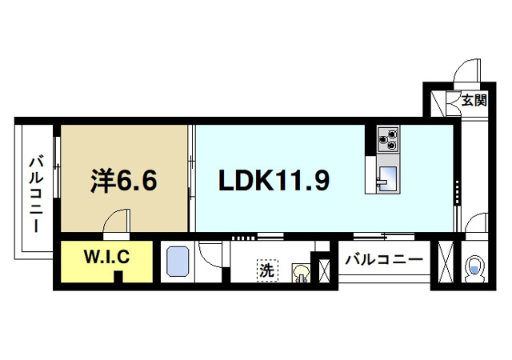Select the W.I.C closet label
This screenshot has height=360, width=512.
click(x=106, y=258)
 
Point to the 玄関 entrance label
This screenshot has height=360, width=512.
click(x=474, y=101)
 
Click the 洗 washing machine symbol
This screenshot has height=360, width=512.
click(x=266, y=271)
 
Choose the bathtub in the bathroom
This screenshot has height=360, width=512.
click(x=177, y=262)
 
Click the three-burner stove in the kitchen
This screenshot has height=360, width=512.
click(x=387, y=140)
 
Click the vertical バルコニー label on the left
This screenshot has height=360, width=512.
click(x=36, y=192)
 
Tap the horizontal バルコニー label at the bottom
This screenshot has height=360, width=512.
click(x=383, y=260)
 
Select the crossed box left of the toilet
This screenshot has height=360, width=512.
click(x=446, y=262)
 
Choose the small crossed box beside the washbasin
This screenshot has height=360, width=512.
click(x=324, y=267)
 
